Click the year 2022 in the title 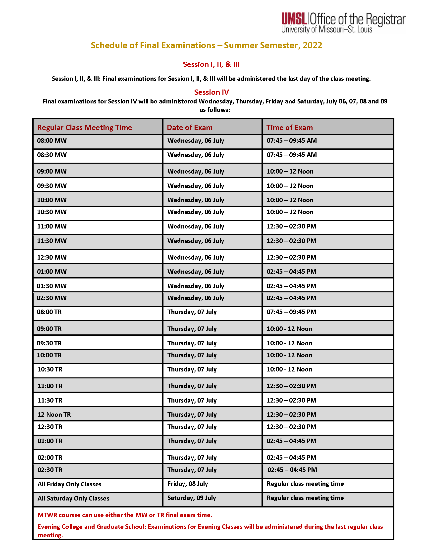(x=312, y=45)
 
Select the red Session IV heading (x=211, y=92)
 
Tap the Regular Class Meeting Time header (x=84, y=128)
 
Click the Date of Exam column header (x=189, y=128)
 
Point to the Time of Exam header (x=289, y=128)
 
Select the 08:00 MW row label (x=52, y=140)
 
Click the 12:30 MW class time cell (x=52, y=258)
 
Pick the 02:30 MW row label (x=52, y=298)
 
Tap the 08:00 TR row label (x=49, y=312)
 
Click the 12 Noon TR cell (x=54, y=414)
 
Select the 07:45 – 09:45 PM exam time (x=291, y=312)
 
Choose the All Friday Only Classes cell (x=69, y=484)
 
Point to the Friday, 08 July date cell (x=187, y=484)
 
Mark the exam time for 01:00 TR (x=291, y=441)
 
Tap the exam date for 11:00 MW (x=196, y=227)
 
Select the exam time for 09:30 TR (x=289, y=343)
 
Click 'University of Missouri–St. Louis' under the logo (x=326, y=30)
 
